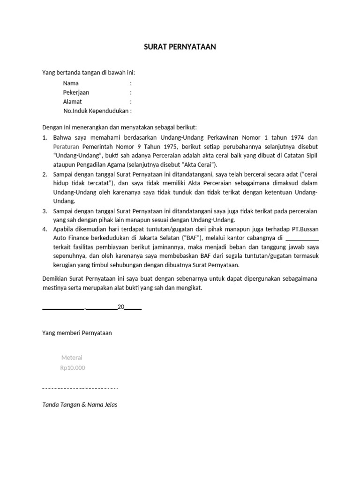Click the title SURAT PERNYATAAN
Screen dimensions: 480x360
click(180, 47)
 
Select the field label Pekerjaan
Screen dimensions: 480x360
click(76, 92)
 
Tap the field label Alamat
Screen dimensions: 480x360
click(73, 102)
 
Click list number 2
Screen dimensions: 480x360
click(45, 174)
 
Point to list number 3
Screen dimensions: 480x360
click(45, 211)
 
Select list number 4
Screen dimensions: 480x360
click(45, 229)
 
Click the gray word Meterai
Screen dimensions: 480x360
click(72, 358)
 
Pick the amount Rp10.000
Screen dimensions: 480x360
click(73, 368)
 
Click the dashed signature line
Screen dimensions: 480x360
click(80, 389)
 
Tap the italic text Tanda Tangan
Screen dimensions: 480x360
click(61, 405)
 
